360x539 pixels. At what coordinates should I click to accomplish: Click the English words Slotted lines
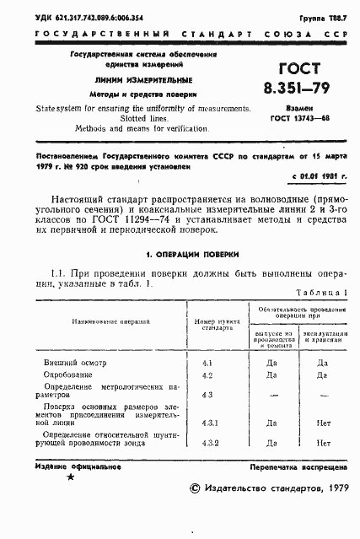[117, 119]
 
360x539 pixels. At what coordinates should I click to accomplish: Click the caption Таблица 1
[322, 293]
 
